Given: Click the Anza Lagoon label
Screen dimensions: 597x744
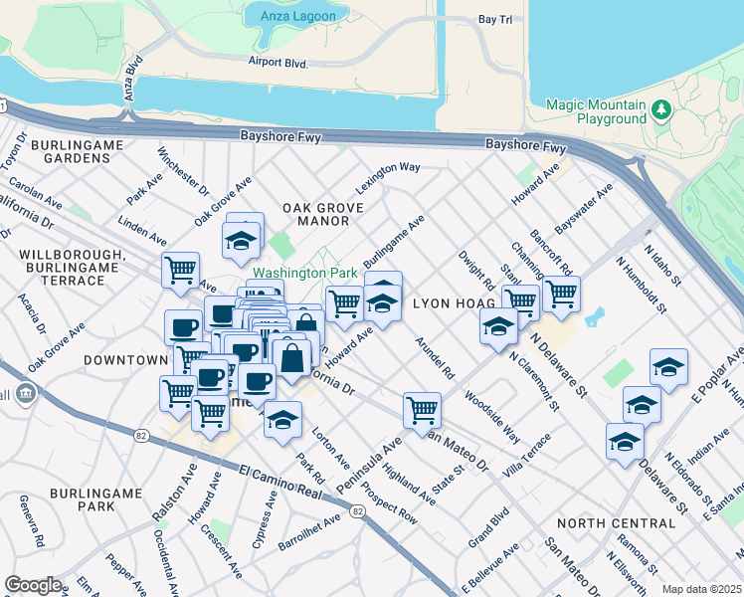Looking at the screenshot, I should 284,16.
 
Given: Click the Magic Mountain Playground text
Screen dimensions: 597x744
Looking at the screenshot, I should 597,111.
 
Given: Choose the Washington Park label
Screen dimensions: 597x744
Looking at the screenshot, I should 303,272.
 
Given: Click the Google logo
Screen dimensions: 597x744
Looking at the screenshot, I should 34,585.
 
